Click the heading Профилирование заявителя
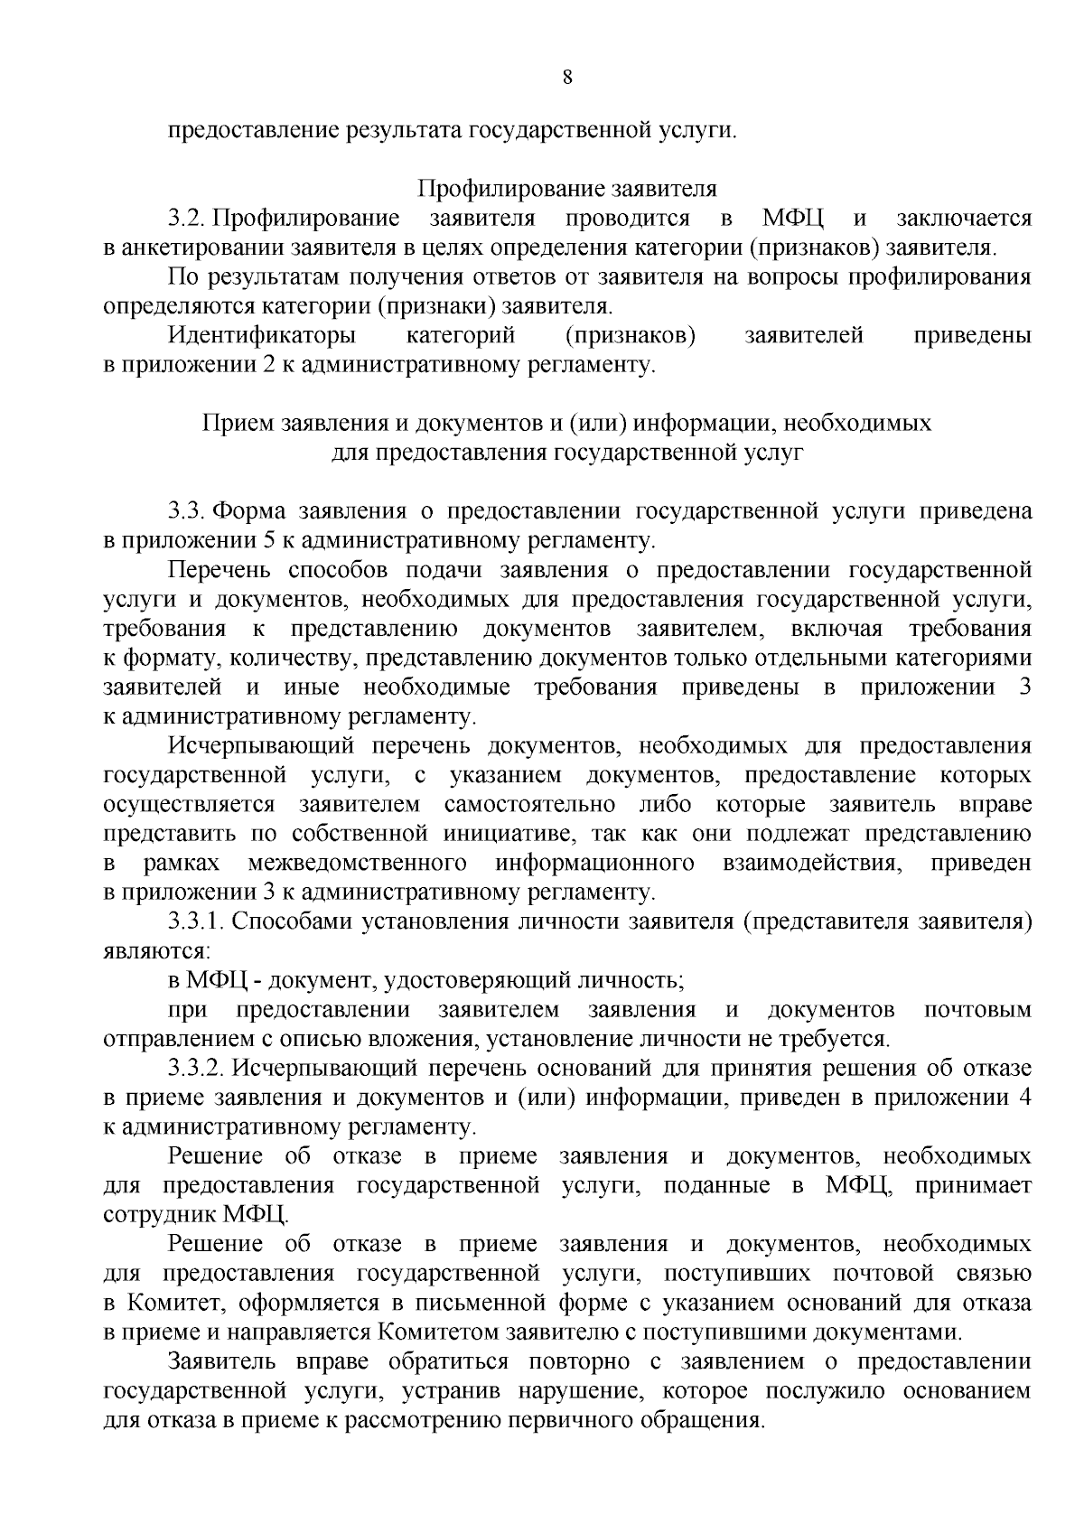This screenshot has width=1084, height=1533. tap(566, 190)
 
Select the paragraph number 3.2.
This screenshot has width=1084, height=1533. tap(188, 219)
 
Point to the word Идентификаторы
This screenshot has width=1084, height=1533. tap(262, 336)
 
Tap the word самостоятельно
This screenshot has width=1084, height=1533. tap(530, 804)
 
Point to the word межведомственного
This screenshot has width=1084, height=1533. tap(357, 863)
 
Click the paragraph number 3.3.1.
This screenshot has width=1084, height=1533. tap(195, 921)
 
